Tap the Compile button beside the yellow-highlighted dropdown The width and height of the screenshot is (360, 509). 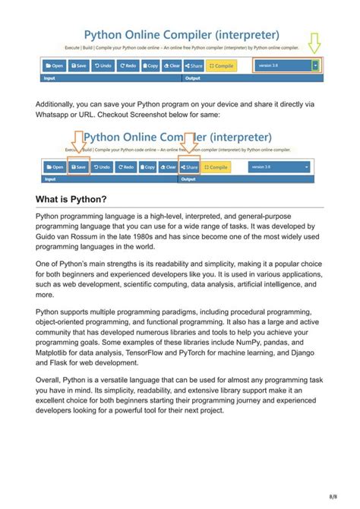[x=222, y=66]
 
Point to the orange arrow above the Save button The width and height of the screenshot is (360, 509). [x=77, y=143]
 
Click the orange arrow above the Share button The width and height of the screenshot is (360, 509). [x=190, y=143]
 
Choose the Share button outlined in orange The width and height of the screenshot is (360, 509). [x=190, y=166]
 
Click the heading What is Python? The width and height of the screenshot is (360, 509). [x=71, y=200]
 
